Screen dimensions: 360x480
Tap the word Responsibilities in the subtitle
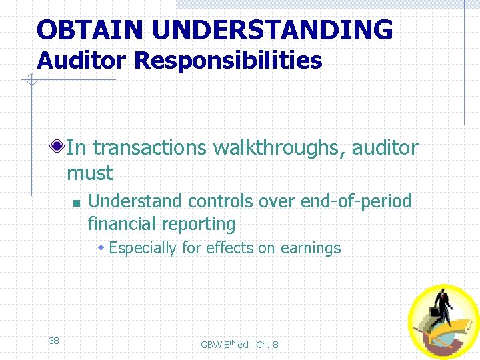[228, 61]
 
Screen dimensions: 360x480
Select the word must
[90, 173]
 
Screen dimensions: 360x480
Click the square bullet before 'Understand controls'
[76, 202]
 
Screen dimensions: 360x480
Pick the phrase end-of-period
[356, 201]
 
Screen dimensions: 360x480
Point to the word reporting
[202, 224]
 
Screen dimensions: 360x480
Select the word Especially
[143, 248]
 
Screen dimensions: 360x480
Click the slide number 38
[54, 341]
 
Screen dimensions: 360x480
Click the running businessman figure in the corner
[443, 313]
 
